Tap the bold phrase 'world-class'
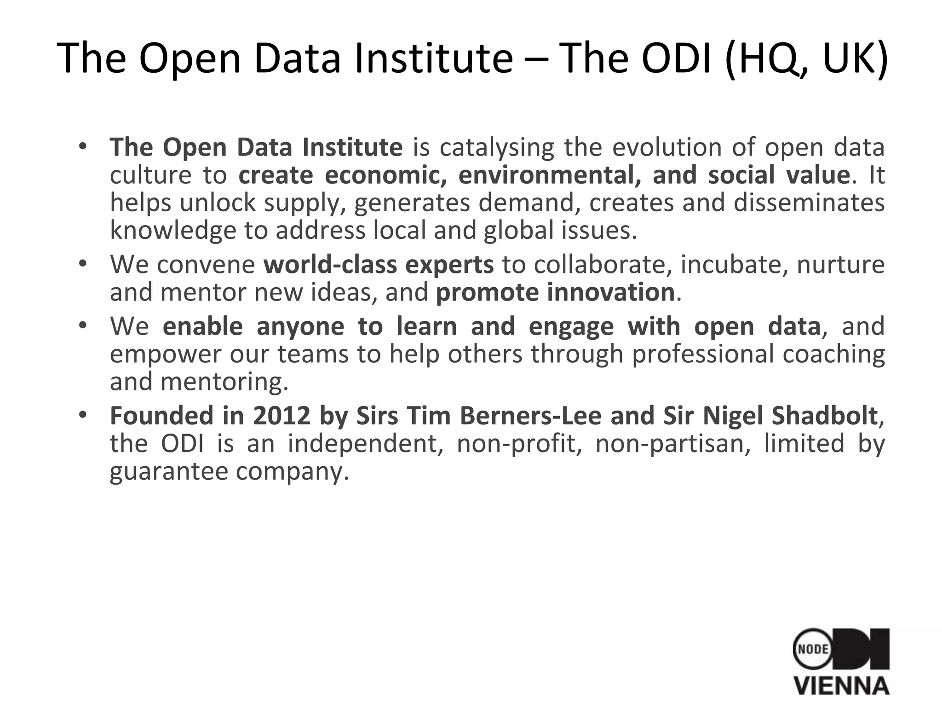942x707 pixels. (330, 265)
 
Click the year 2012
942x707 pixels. (281, 416)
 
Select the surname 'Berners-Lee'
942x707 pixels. (530, 416)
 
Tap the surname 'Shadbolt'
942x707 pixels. (824, 416)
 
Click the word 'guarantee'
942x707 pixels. (169, 471)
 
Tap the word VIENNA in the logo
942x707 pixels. (842, 685)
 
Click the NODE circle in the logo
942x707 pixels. (813, 649)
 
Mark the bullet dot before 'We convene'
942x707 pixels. (83, 264)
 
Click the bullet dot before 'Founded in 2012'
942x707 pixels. (83, 415)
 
